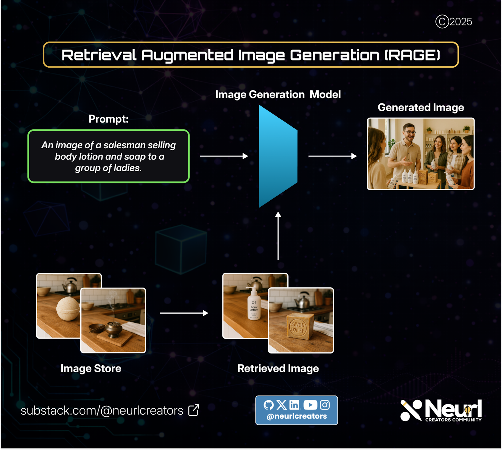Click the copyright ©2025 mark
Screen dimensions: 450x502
pos(454,22)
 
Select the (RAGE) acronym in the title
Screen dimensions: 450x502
pos(413,55)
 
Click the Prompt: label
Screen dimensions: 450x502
pos(108,119)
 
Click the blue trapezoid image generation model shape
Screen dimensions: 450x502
pos(278,156)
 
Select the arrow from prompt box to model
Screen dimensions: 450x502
pos(224,156)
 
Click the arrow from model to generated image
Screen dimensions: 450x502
pos(332,156)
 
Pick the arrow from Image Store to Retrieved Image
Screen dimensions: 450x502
pos(184,313)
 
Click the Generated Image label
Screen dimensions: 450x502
pos(421,108)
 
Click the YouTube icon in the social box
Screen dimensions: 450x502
pos(310,405)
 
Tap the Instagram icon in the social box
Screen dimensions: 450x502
pos(325,405)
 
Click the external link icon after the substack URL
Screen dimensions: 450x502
pos(194,410)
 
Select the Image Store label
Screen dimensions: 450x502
pos(91,368)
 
